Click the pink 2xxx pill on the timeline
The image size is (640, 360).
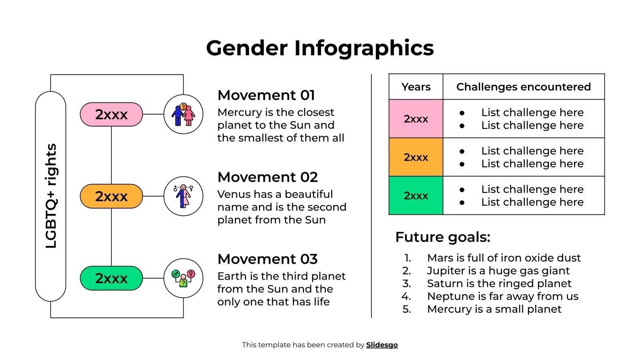[111, 114]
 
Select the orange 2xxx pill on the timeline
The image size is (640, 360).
[111, 196]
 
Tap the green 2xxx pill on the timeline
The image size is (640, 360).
[111, 278]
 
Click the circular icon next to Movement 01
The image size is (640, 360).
[183, 114]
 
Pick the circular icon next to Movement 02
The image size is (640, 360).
[183, 196]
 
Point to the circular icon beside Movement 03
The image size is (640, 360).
[183, 278]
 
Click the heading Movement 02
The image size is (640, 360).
[267, 177]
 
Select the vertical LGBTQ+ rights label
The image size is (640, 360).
[51, 196]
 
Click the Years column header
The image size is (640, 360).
[416, 87]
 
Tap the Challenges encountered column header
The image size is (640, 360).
[523, 87]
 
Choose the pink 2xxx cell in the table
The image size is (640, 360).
[416, 119]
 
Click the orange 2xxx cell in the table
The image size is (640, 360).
[416, 157]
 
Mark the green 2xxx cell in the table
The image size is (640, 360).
[416, 196]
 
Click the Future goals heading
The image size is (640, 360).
[442, 237]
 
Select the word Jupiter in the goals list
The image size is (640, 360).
[443, 271]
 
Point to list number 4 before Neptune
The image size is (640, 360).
[406, 296]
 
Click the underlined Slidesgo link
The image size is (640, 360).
[382, 345]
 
